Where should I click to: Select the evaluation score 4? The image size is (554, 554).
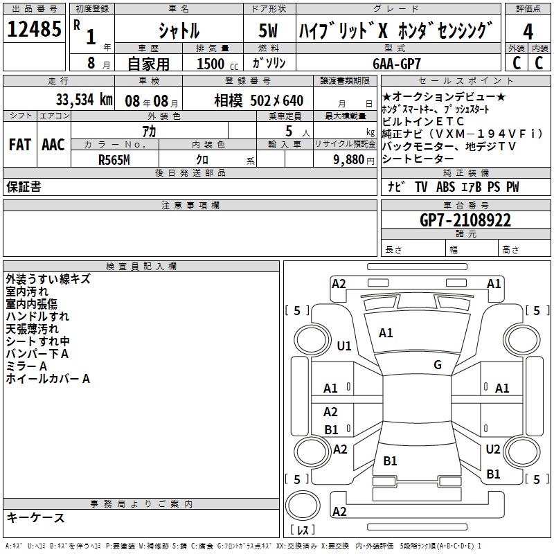(528, 32)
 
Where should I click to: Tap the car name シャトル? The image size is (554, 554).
(179, 31)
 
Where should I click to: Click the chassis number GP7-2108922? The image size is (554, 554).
(465, 221)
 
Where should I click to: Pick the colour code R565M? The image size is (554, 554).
(114, 159)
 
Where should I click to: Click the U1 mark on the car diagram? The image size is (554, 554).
(344, 346)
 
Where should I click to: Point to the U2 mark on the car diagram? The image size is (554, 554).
(492, 449)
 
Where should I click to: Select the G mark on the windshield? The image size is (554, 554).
(437, 365)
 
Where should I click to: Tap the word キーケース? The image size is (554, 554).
(36, 518)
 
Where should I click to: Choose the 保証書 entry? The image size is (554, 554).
(24, 187)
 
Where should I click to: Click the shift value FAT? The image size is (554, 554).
(19, 145)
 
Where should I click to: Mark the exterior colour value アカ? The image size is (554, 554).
(148, 131)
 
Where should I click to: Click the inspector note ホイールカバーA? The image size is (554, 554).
(48, 379)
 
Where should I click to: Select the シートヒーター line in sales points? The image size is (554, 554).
(420, 159)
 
